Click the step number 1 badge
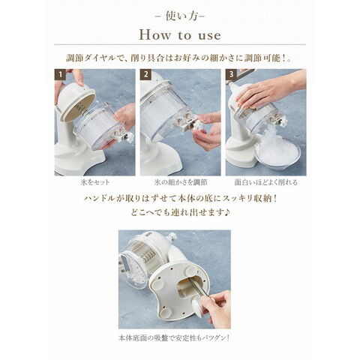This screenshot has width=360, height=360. [60, 74]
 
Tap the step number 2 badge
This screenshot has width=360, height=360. [145, 74]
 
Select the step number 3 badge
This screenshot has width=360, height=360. [231, 74]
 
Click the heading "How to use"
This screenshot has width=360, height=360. [180, 34]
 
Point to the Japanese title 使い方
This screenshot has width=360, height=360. [180, 16]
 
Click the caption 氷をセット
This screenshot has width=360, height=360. [95, 182]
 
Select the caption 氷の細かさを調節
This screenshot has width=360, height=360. [181, 182]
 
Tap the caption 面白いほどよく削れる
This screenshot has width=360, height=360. [266, 182]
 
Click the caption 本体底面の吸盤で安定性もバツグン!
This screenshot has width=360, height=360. [174, 338]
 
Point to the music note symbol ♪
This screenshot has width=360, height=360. [227, 212]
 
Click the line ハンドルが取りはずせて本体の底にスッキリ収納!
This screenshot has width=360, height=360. [181, 199]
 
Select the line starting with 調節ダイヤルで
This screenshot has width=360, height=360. [179, 58]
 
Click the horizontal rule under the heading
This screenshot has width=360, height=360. [180, 45]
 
